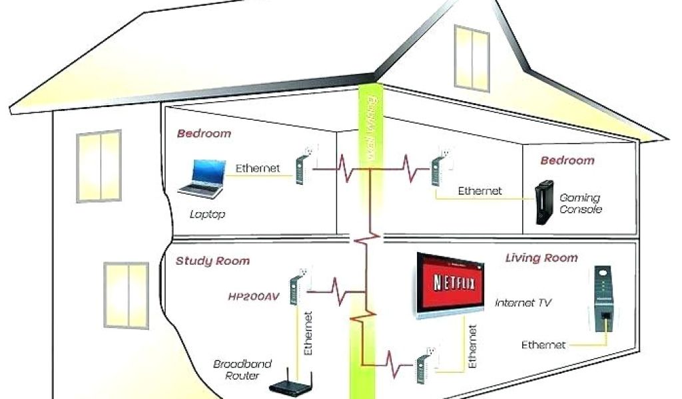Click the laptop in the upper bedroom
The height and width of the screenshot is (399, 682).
tap(200, 179)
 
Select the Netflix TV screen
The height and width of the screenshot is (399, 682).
tap(450, 282)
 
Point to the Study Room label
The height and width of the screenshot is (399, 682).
tap(212, 261)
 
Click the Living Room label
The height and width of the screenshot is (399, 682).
tap(541, 257)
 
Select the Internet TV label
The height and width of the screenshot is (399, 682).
tap(523, 303)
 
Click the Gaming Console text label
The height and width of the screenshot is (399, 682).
tap(580, 203)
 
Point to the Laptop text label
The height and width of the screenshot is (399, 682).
tap(208, 215)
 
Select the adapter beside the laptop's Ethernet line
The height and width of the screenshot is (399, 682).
tap(302, 166)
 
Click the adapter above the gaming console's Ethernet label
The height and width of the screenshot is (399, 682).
tap(438, 166)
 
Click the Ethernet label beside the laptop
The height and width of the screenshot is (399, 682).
tap(258, 168)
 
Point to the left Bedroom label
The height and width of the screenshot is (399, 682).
tap(204, 133)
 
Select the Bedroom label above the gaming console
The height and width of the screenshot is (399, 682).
tap(567, 160)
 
